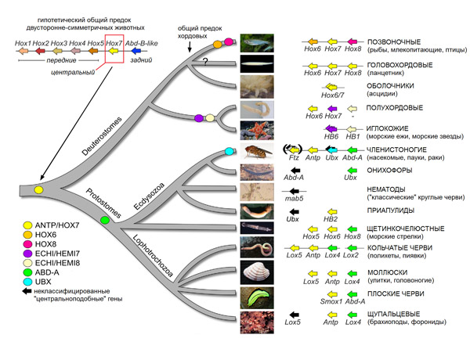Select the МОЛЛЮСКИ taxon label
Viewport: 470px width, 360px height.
[387, 273]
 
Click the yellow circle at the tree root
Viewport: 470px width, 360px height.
[38, 190]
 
